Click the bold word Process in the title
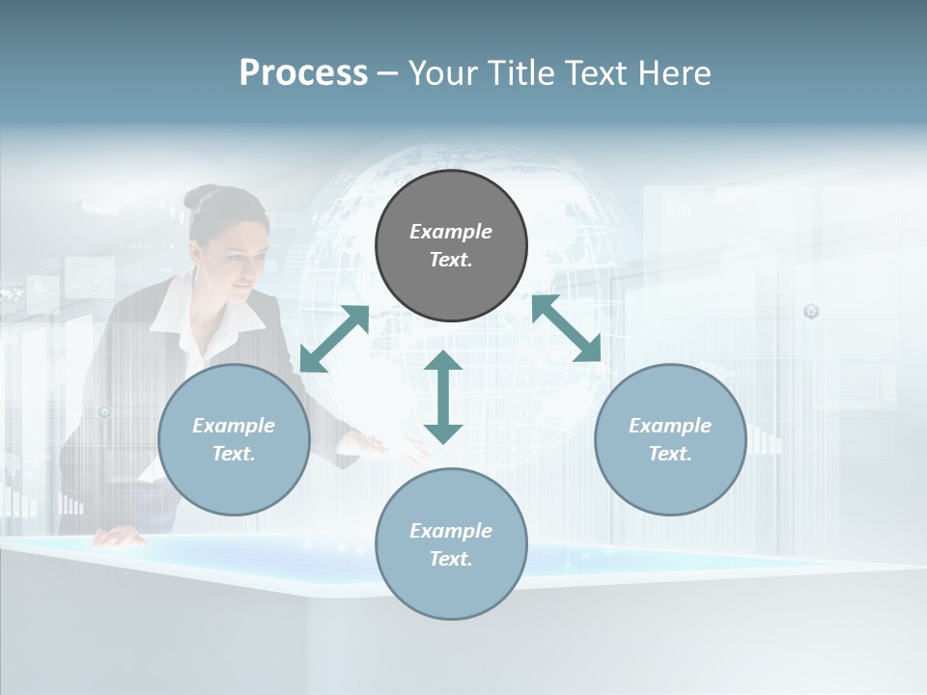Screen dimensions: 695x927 [303, 73]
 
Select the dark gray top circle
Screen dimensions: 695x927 [451, 245]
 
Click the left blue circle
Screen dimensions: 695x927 [234, 439]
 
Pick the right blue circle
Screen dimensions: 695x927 [670, 439]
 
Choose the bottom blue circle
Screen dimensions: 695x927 [451, 543]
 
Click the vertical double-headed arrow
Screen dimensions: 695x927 [443, 397]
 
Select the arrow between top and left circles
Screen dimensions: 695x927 [334, 339]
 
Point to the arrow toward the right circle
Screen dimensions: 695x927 [567, 328]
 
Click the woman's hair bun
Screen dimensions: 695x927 [200, 198]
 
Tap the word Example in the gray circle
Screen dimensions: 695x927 [451, 232]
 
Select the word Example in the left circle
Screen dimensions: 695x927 [234, 426]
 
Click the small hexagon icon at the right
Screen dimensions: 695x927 [811, 311]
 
